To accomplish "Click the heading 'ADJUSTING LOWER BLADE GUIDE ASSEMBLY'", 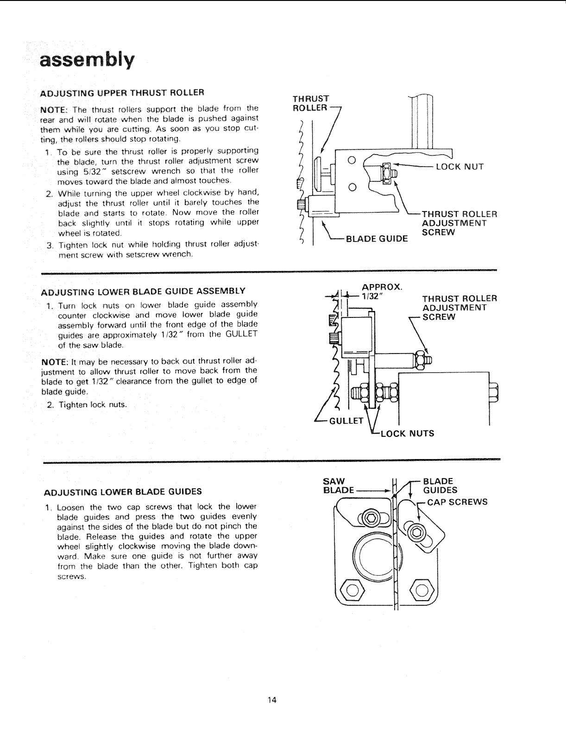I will pyautogui.click(x=143, y=292).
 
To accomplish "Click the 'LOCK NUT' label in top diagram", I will pyautogui.click(x=460, y=167).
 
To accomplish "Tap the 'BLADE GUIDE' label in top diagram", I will pyautogui.click(x=377, y=239).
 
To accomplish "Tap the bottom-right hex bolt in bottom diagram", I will pyautogui.click(x=421, y=590).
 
